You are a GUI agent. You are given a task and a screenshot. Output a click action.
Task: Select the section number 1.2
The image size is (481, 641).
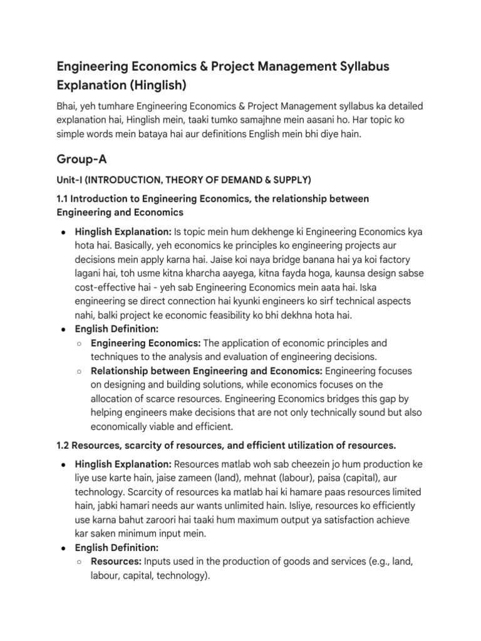click(65, 445)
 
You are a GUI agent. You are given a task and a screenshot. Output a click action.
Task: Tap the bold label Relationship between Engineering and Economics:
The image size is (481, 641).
click(207, 371)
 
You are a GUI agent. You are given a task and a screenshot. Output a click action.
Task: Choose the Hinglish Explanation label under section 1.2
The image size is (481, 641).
click(123, 464)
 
